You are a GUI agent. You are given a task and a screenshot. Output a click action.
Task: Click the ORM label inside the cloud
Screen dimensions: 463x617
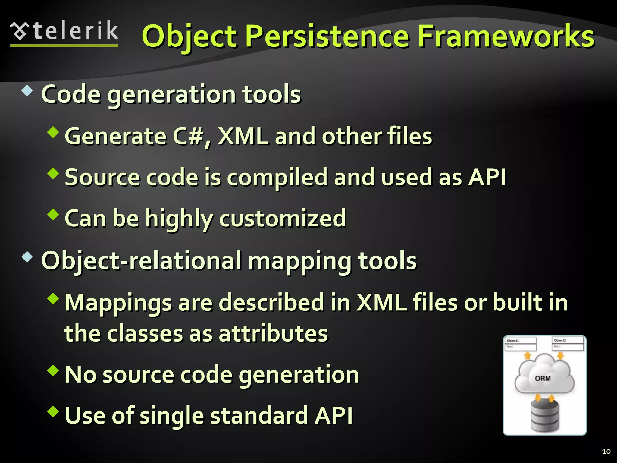pyautogui.click(x=543, y=378)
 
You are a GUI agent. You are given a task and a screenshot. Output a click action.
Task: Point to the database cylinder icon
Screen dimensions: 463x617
pyautogui.click(x=544, y=416)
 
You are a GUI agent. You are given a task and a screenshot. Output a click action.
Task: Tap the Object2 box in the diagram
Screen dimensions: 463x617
pyautogui.click(x=568, y=343)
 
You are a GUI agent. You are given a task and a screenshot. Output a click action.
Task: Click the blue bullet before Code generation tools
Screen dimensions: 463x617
pyautogui.click(x=27, y=91)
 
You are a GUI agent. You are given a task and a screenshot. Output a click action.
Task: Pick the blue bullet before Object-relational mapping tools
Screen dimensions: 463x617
pyautogui.click(x=27, y=257)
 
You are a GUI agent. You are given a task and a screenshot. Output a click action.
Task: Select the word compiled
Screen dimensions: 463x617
pyautogui.click(x=277, y=178)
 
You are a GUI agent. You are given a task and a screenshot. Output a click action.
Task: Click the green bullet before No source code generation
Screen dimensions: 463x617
pyautogui.click(x=53, y=370)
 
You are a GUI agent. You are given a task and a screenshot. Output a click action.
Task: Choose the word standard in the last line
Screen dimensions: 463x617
pyautogui.click(x=258, y=416)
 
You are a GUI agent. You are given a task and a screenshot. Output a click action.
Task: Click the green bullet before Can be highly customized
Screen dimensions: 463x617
pyautogui.click(x=53, y=214)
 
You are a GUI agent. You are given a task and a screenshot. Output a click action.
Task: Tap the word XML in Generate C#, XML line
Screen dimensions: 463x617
pyautogui.click(x=243, y=137)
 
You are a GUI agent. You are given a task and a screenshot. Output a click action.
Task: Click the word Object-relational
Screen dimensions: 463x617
pyautogui.click(x=142, y=261)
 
